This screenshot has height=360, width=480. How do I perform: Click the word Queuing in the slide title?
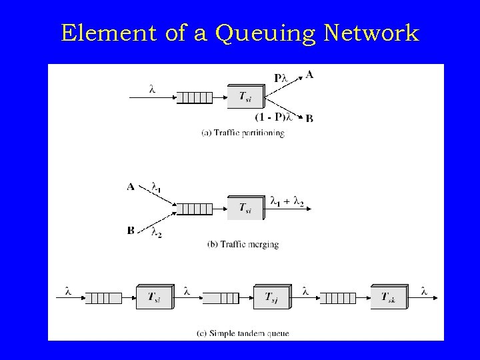tap(261, 33)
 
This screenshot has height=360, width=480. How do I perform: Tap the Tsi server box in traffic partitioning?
tap(245, 97)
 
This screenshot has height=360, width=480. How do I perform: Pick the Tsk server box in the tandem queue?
tap(391, 297)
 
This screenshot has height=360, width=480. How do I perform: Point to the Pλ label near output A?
tap(282, 78)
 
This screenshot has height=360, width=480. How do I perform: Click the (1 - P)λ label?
tap(274, 117)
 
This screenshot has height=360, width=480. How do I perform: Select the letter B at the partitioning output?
tap(309, 119)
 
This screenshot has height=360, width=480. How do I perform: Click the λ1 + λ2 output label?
tap(287, 200)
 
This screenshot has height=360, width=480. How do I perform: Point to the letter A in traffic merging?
tap(131, 187)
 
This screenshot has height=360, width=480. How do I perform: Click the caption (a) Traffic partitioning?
tap(243, 133)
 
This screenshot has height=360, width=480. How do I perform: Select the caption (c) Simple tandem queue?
tap(245, 332)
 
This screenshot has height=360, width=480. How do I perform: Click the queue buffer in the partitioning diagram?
tap(195, 98)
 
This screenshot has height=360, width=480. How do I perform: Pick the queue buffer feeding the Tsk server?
tap(338, 297)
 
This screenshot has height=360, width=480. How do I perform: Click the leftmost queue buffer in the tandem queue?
tap(103, 297)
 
